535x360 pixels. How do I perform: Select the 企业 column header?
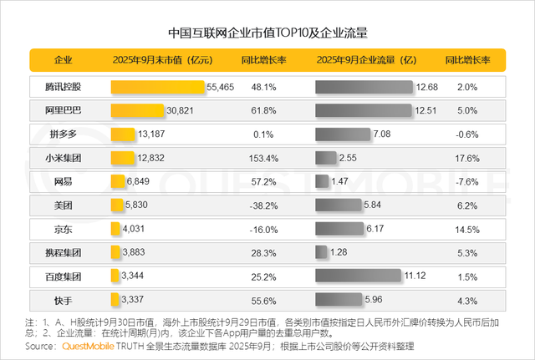tap(64, 61)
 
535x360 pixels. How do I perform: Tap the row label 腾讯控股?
tap(64, 87)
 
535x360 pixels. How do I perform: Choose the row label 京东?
tap(64, 228)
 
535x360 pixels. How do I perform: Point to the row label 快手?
tap(64, 298)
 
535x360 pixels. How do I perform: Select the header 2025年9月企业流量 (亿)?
tap(365, 61)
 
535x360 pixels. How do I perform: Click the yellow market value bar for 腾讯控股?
tap(157, 87)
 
